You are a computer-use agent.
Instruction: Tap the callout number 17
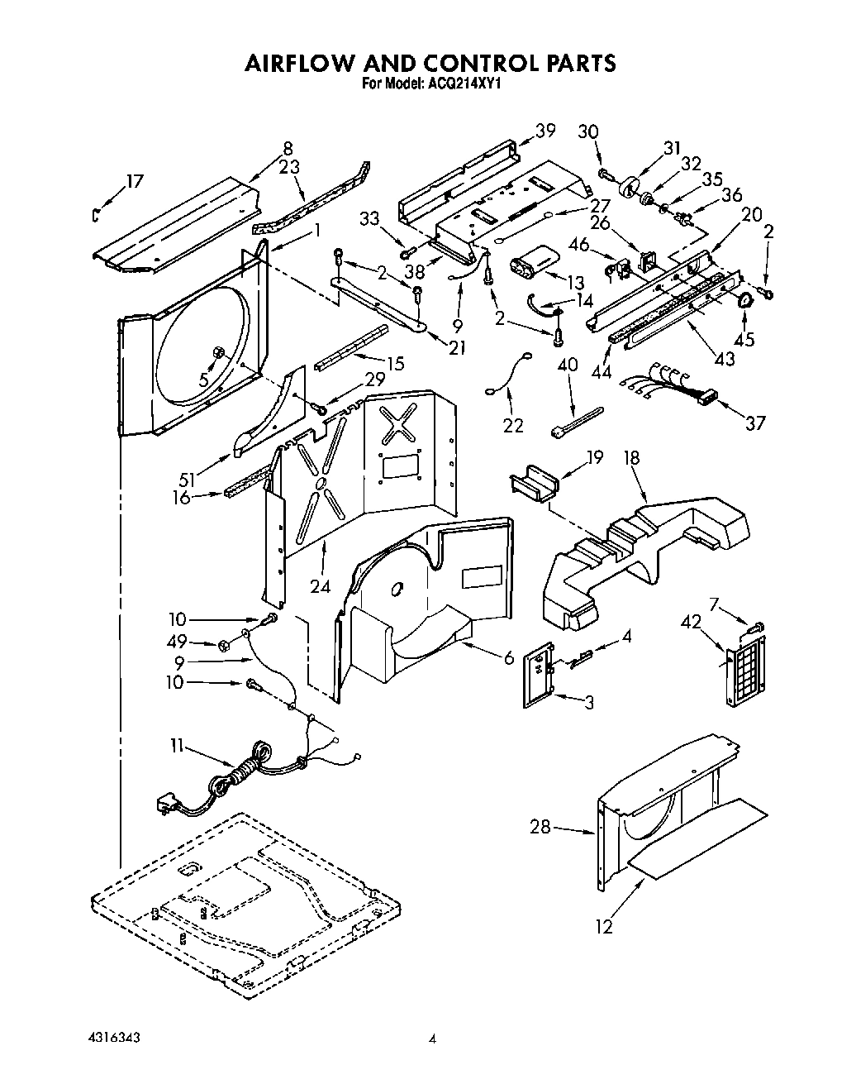point(135,181)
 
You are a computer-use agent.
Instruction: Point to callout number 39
point(545,130)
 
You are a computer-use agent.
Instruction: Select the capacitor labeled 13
point(530,267)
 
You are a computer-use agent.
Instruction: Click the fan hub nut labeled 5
point(219,353)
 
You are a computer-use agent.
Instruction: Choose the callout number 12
point(605,926)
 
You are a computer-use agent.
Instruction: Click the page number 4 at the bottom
point(431,1040)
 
